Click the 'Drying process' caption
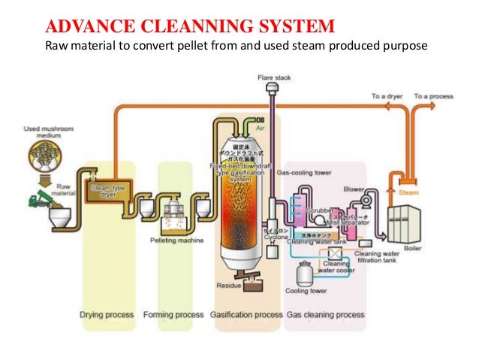pyautogui.click(x=107, y=314)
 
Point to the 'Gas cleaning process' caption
pyautogui.click(x=326, y=314)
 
